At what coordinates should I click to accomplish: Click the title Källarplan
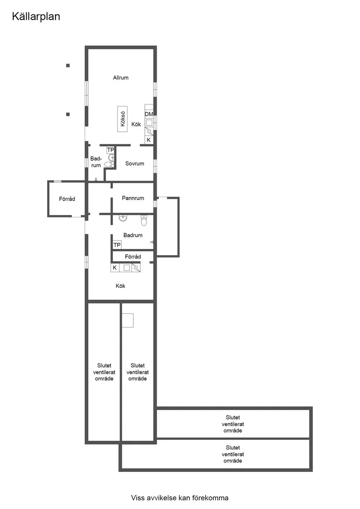point(36,17)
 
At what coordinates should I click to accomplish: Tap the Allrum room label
point(120,78)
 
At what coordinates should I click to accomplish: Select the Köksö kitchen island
point(123,119)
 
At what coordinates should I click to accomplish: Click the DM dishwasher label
point(149,114)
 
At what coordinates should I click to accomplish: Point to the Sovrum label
point(134,164)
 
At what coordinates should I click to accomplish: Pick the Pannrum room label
point(133,198)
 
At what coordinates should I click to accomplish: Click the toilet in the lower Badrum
point(144,220)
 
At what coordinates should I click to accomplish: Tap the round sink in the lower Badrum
point(123,218)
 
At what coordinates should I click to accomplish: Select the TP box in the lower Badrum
point(117,245)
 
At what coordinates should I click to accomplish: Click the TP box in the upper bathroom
point(110,150)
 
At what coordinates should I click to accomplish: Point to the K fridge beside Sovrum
point(149,140)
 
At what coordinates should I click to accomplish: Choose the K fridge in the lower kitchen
point(115,268)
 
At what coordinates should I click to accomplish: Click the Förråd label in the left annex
point(67,199)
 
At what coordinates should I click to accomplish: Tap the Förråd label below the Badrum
point(133,257)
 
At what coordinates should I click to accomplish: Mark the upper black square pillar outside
point(68,65)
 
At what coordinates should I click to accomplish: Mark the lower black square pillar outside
point(68,114)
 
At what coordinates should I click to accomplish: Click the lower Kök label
point(120,286)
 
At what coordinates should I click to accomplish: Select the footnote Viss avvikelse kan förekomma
point(180,498)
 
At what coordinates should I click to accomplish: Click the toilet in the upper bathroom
point(109,164)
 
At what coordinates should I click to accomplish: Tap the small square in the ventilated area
point(128,321)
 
